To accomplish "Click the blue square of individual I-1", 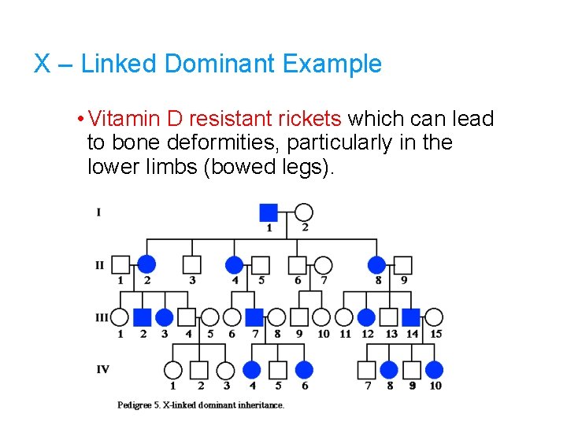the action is (x=269, y=212).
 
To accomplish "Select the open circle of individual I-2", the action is (x=304, y=212).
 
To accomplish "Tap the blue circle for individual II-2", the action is (x=146, y=264).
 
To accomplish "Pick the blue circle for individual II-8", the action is (x=377, y=264).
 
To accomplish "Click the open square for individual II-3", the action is (x=192, y=264).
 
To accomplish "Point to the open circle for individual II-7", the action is (x=324, y=264).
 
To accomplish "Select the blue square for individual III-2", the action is (x=142, y=317).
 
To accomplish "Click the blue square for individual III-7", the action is (x=254, y=317).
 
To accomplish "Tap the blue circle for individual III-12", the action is (x=366, y=317).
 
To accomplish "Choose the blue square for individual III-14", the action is (x=411, y=317).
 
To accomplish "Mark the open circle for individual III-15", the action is (x=434, y=317).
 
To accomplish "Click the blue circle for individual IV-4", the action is (x=252, y=369).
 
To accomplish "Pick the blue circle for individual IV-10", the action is (x=435, y=369).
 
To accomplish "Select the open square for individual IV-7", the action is (x=367, y=369).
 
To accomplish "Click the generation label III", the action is (x=102, y=317).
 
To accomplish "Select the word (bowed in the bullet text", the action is (x=239, y=167).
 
